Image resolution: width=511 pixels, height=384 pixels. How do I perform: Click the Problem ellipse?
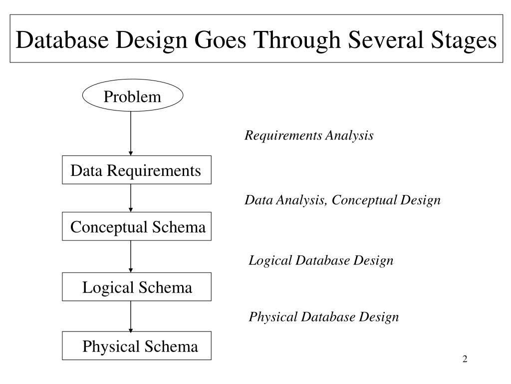(x=132, y=96)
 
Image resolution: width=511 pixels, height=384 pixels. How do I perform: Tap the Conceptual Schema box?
(x=137, y=227)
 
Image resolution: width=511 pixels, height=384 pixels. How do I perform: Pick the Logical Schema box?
(x=137, y=287)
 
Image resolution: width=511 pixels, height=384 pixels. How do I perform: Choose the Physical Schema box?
(x=137, y=346)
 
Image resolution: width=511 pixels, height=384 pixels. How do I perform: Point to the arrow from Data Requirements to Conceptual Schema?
(x=131, y=198)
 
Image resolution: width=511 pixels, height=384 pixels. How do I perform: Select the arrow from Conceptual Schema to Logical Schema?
(x=131, y=256)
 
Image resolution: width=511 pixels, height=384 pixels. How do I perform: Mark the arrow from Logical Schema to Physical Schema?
(x=131, y=316)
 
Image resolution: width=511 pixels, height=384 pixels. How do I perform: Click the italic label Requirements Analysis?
(x=308, y=135)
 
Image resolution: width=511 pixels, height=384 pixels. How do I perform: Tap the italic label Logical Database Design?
(x=321, y=260)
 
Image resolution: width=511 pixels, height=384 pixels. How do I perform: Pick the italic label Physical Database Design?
(x=323, y=317)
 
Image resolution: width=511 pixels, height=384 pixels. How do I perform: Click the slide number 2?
(x=465, y=359)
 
